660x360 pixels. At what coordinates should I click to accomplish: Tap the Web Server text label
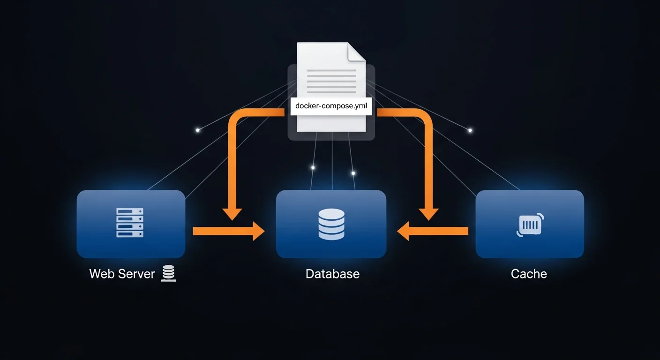122,274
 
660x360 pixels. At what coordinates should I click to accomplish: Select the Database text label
332,274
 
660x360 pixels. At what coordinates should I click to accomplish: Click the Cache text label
529,274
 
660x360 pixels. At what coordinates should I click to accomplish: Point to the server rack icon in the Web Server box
130,223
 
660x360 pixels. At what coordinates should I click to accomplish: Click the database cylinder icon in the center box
331,225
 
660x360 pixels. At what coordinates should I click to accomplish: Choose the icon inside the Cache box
530,225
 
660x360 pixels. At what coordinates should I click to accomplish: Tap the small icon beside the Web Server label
168,273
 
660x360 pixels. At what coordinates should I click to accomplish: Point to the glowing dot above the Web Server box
198,130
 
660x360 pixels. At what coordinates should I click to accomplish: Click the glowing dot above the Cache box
470,130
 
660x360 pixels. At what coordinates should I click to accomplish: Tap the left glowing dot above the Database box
313,167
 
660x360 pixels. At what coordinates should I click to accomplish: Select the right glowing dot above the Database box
353,173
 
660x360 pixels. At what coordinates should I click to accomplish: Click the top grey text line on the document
331,70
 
